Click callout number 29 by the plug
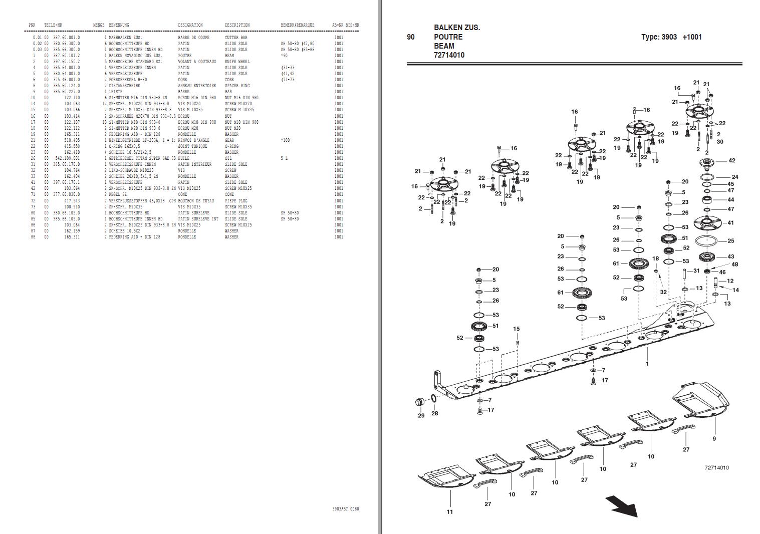pyautogui.click(x=421, y=415)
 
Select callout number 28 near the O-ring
pyautogui.click(x=434, y=413)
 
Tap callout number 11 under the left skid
pyautogui.click(x=449, y=511)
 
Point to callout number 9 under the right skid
pyautogui.click(x=714, y=438)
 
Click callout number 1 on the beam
pyautogui.click(x=647, y=363)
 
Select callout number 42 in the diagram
pyautogui.click(x=732, y=160)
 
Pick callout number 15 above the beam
pyautogui.click(x=516, y=329)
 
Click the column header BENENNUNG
pyautogui.click(x=119, y=25)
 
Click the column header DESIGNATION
pyautogui.click(x=190, y=25)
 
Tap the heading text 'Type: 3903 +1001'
pyautogui.click(x=671, y=37)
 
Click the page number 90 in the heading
pyautogui.click(x=411, y=37)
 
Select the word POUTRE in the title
pyautogui.click(x=448, y=37)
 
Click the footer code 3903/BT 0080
pyautogui.click(x=345, y=509)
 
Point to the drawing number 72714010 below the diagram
pyautogui.click(x=716, y=468)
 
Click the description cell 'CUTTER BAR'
pyautogui.click(x=236, y=38)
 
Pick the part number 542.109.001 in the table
pyautogui.click(x=66, y=158)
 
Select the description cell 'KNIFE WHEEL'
pyautogui.click(x=237, y=62)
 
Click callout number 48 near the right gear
pyautogui.click(x=734, y=264)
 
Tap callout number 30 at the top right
pyautogui.click(x=719, y=142)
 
